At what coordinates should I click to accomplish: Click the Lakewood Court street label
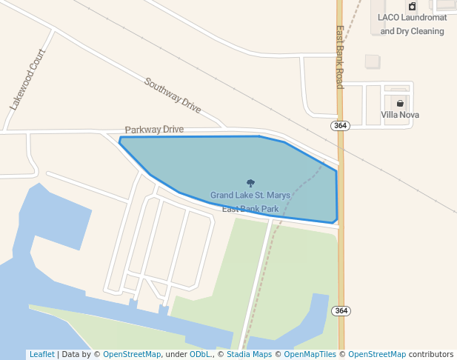coord(27,81)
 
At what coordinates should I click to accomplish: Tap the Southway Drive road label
coord(173,96)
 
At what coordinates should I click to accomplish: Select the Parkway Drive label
coord(154,130)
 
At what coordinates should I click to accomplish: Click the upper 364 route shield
coord(340,126)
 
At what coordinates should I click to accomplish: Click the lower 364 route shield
coord(340,310)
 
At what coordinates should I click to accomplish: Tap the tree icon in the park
coord(250,183)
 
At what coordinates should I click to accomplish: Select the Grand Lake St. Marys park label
coord(250,196)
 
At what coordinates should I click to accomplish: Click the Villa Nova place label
coord(400,115)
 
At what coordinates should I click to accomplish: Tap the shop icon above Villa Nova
coord(400,103)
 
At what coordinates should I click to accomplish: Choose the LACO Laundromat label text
coord(412,17)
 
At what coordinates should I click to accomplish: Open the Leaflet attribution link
coord(41,355)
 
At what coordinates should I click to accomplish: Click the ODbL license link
coord(200,355)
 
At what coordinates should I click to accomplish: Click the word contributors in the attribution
coord(431,355)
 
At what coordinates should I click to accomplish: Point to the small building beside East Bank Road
coord(373,61)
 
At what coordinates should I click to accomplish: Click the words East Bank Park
coord(250,209)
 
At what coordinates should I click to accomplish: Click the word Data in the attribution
coord(72,355)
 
